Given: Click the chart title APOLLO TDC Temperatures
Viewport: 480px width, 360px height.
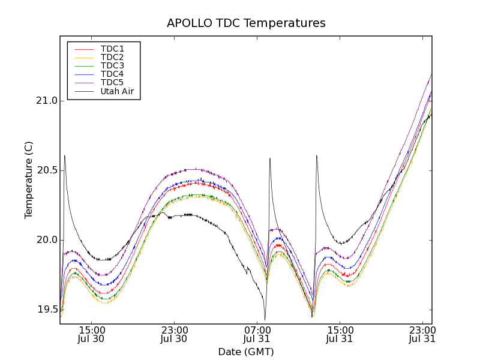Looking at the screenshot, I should pyautogui.click(x=246, y=23).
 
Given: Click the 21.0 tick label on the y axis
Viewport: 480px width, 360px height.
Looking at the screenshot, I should pyautogui.click(x=46, y=101).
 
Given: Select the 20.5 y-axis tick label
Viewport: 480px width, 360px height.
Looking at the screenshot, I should pyautogui.click(x=46, y=170).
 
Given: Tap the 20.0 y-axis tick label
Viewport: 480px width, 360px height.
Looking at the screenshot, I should pyautogui.click(x=46, y=240).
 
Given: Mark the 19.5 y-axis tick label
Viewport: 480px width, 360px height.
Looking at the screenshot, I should pyautogui.click(x=46, y=310).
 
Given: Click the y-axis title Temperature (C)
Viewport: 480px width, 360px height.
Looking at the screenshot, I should pyautogui.click(x=29, y=180).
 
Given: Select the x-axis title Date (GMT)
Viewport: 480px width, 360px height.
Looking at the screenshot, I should pyautogui.click(x=246, y=352).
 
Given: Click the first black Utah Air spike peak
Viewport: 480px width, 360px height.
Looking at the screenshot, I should pyautogui.click(x=64, y=156).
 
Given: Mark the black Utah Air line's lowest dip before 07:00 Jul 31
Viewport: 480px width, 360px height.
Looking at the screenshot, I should pyautogui.click(x=265, y=319).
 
